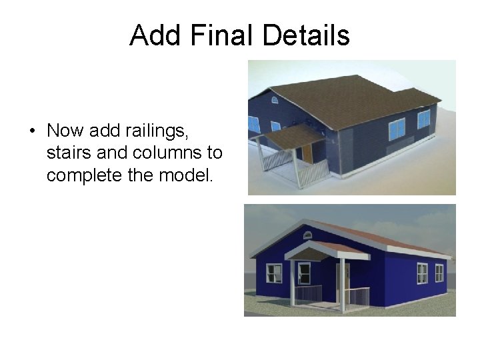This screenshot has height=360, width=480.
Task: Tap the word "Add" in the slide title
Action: click(154, 35)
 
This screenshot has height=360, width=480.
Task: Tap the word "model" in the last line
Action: click(187, 176)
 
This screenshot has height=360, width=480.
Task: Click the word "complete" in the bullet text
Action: click(87, 176)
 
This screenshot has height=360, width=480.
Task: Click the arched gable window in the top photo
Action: click(274, 99)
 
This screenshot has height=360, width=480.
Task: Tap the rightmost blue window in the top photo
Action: click(424, 119)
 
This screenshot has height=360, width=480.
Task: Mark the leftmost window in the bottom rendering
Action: click(274, 273)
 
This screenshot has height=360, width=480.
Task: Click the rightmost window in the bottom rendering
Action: click(439, 273)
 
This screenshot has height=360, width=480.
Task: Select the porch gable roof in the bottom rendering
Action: click(325, 250)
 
